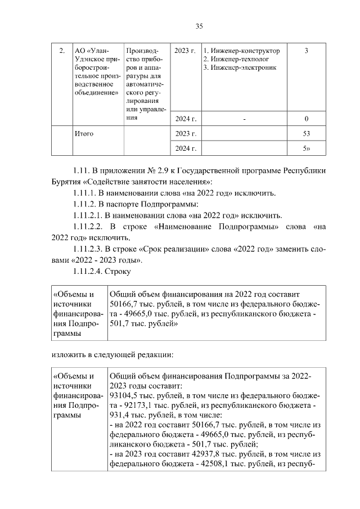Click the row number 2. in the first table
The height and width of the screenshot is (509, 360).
coord(61,51)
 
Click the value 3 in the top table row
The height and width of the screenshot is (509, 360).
coord(306,51)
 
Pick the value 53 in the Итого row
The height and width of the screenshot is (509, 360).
coord(306,134)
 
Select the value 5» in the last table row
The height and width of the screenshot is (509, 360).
coord(307,148)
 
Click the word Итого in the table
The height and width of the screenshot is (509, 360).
coord(84,134)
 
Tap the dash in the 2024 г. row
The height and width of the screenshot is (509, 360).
coord(245,119)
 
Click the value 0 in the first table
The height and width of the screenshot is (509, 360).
coord(306,119)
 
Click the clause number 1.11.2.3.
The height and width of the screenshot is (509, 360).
coord(92,249)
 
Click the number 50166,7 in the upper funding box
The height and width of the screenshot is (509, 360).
coord(125,304)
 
